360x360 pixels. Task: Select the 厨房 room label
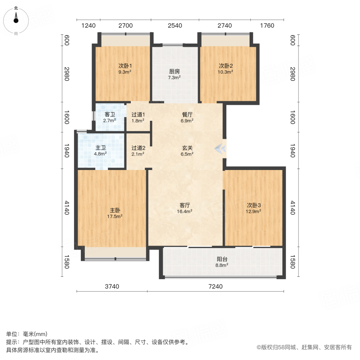(x=174, y=72)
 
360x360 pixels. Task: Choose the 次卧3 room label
(x=254, y=205)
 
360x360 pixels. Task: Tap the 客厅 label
(x=185, y=206)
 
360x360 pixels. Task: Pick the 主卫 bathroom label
(x=100, y=147)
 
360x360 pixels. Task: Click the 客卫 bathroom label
(x=110, y=114)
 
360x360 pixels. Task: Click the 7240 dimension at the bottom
(x=215, y=286)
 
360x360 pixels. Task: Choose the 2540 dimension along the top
(x=175, y=26)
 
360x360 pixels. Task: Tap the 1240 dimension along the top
(x=88, y=26)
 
